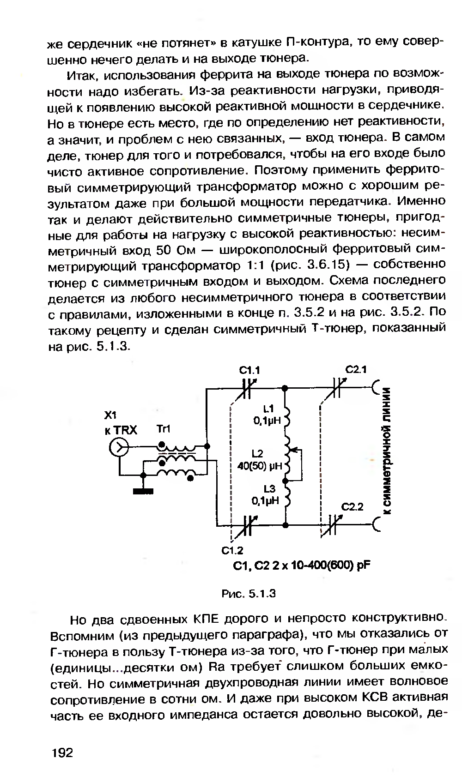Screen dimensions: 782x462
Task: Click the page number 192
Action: tap(63, 753)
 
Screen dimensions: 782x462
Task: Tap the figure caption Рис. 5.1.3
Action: tap(248, 593)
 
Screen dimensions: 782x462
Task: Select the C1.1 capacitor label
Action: tap(249, 370)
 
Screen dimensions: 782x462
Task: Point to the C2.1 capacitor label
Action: tap(356, 370)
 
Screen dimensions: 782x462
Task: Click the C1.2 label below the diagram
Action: tap(232, 551)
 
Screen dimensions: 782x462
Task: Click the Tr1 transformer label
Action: tap(164, 429)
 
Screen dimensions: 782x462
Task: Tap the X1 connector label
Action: tap(111, 415)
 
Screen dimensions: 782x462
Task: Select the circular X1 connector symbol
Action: tap(119, 447)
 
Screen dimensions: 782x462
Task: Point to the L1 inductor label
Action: tap(268, 408)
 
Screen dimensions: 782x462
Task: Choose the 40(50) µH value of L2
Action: tap(259, 466)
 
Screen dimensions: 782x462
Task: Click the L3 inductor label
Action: tap(269, 489)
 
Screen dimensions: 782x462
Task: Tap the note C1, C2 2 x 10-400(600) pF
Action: tap(303, 565)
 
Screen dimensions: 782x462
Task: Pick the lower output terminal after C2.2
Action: tap(375, 525)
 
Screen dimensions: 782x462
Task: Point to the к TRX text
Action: tap(121, 430)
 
